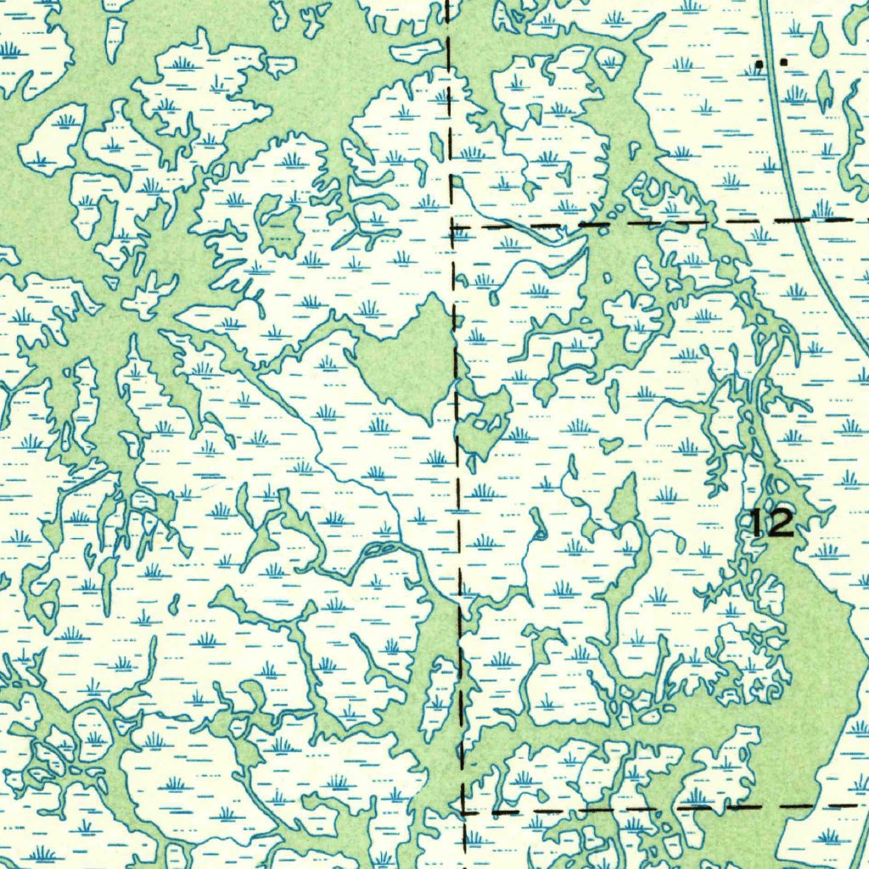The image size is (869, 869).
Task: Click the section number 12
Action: tap(772, 524)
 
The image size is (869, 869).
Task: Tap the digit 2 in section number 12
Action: tap(782, 524)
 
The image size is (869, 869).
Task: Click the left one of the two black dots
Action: tap(760, 63)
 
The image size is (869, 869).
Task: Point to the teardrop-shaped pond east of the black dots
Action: tap(818, 39)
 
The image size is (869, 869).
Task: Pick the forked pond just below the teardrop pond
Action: tap(824, 88)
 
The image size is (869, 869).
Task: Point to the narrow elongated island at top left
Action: tap(115, 38)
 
